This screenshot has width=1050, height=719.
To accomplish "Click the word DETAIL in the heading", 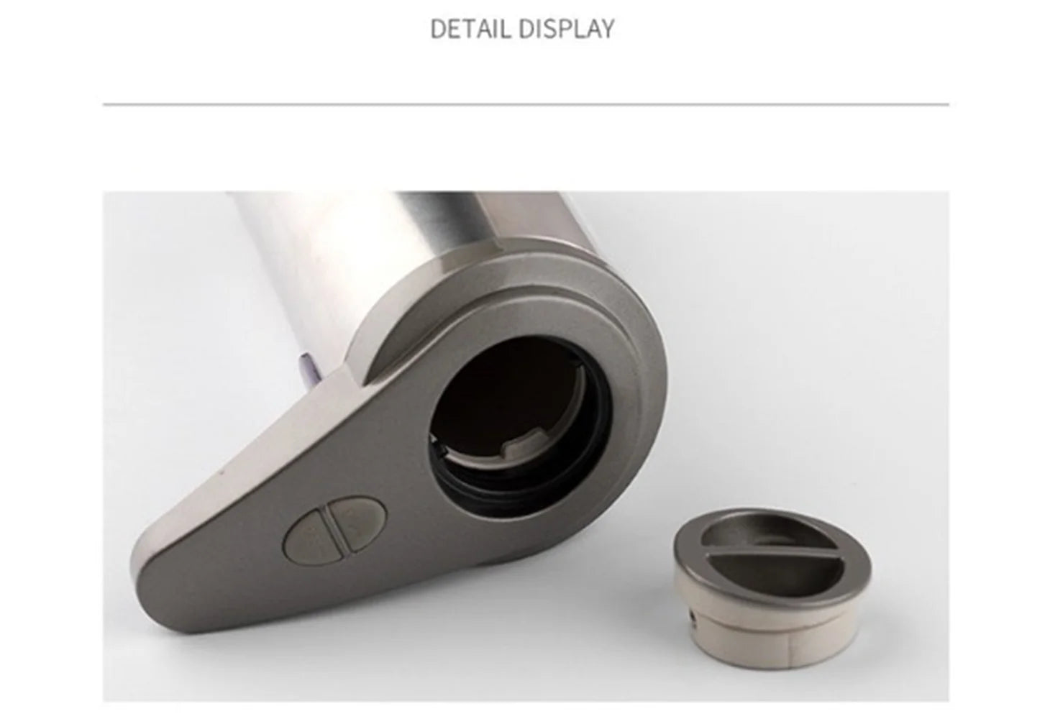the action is click(470, 29).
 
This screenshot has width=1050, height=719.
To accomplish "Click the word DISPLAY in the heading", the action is click(567, 29).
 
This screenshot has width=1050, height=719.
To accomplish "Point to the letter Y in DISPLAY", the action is click(606, 29).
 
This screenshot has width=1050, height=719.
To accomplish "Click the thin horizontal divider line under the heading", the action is click(526, 104).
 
